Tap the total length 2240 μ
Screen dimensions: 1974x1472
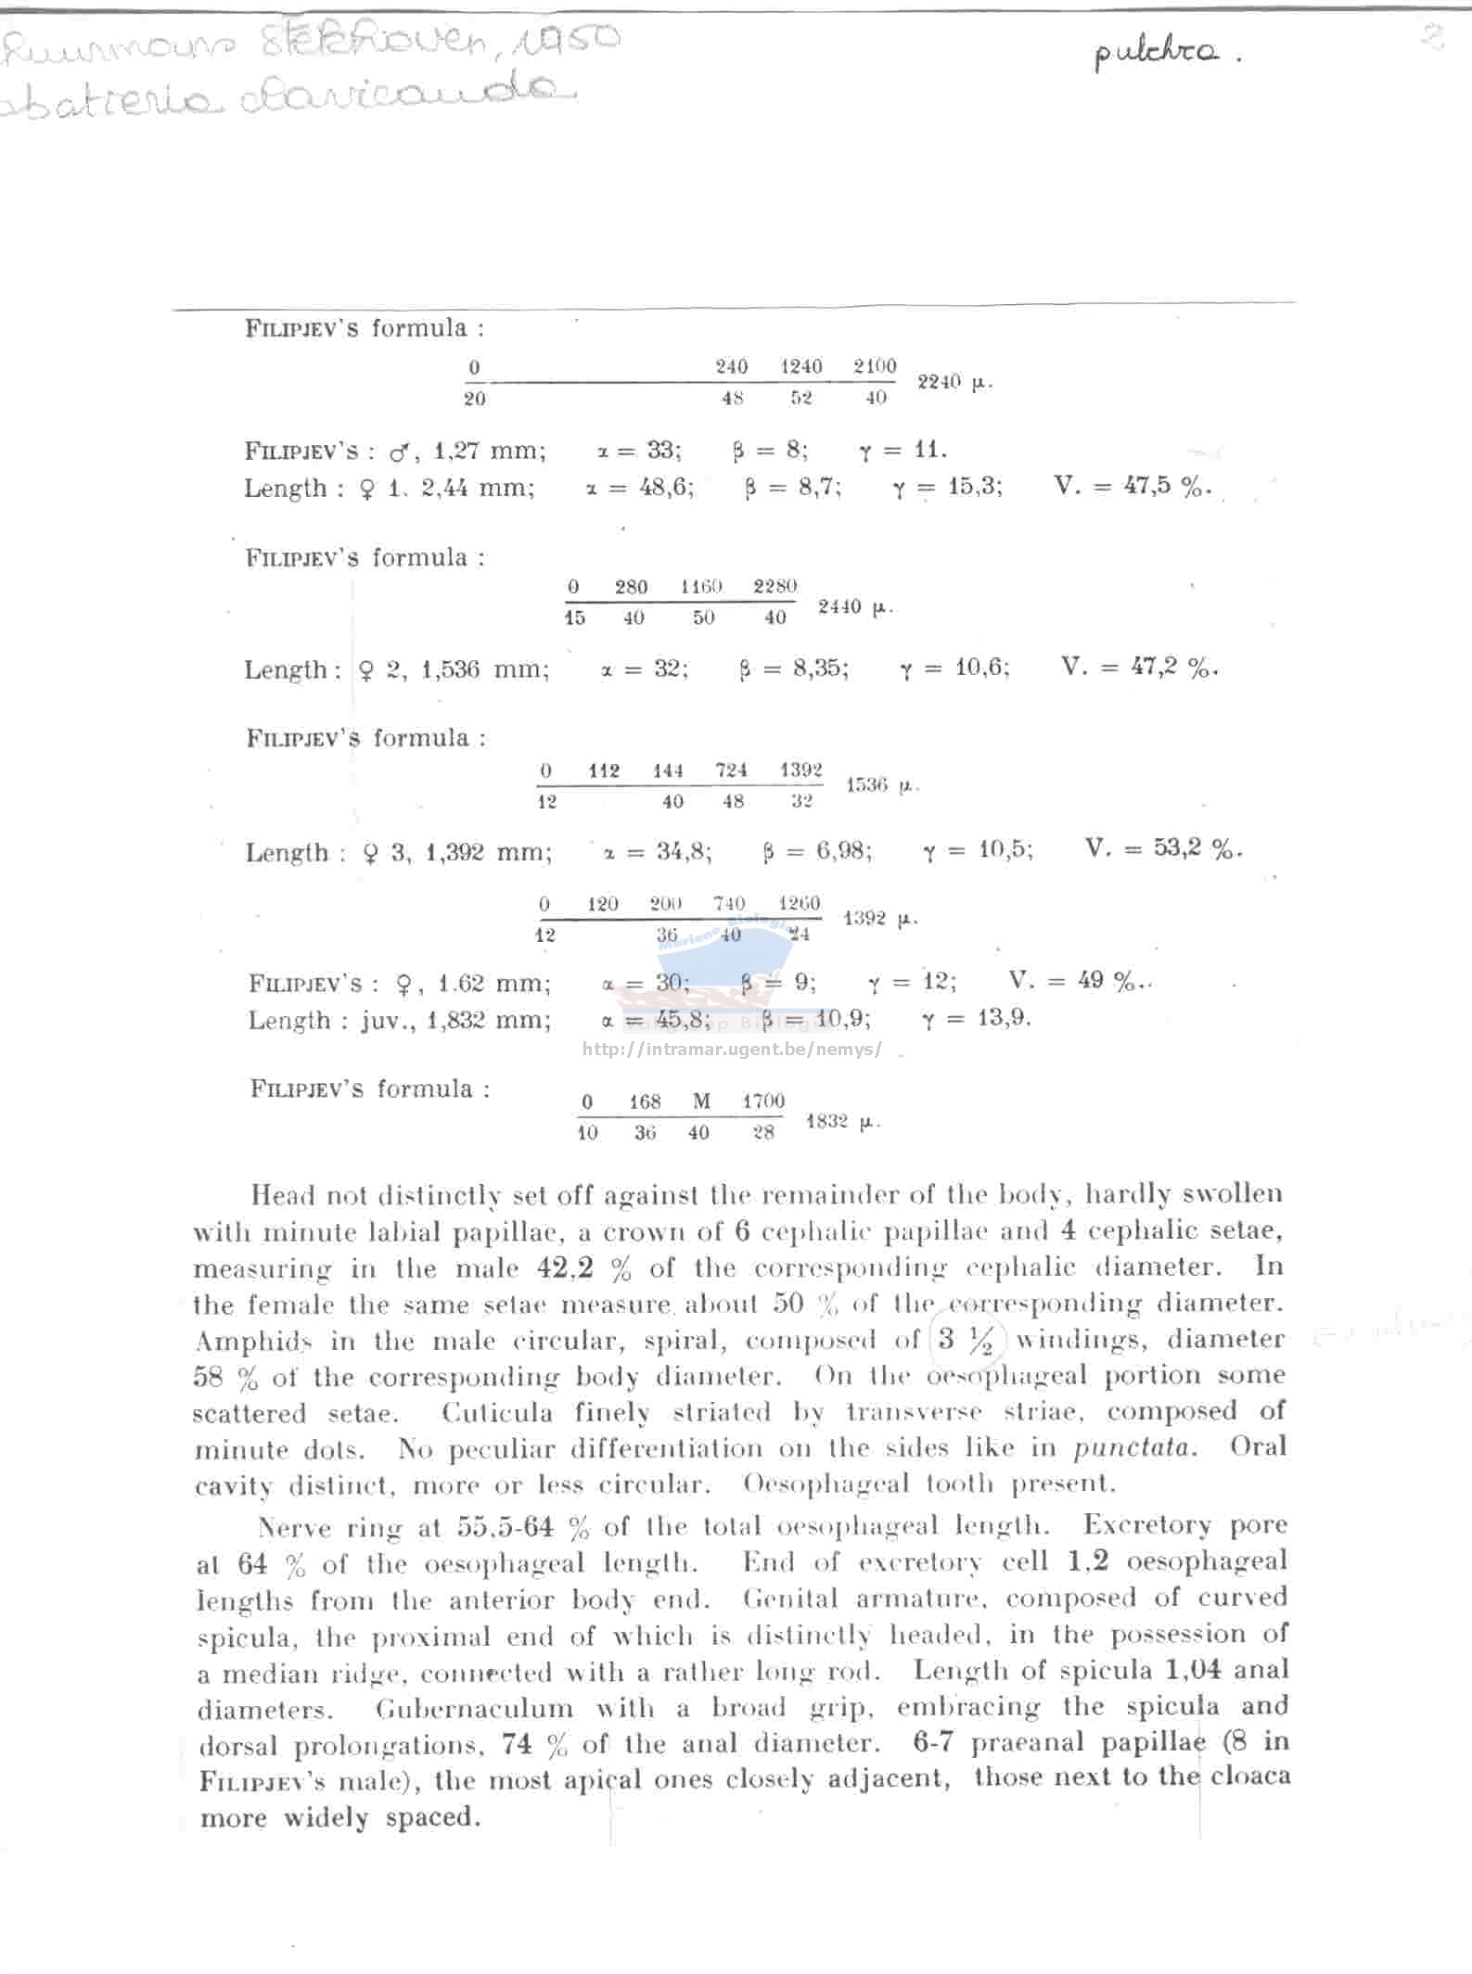tap(954, 382)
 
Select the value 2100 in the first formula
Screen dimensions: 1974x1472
tap(874, 366)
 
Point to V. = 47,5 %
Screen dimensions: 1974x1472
tap(1132, 486)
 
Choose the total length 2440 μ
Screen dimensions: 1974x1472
tap(854, 607)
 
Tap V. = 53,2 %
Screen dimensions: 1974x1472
tap(1162, 848)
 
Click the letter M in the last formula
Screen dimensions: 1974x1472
tap(701, 1102)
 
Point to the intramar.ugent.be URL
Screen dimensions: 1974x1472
tap(732, 1051)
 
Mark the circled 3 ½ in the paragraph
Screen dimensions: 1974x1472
tap(965, 1340)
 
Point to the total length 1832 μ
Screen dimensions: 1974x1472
tap(841, 1122)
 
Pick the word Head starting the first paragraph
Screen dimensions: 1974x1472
tap(282, 1195)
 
